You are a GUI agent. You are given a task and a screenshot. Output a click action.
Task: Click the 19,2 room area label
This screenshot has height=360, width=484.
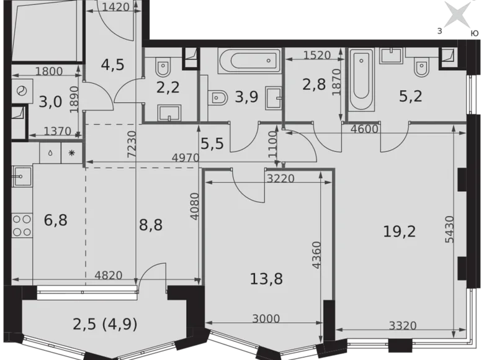point(399,232)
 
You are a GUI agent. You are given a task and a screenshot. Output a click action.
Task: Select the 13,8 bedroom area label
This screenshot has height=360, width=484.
point(266,278)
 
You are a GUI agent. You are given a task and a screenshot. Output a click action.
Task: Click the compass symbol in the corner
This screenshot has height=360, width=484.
point(457,14)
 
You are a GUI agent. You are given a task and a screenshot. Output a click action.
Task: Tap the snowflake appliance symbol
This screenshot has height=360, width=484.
point(71,153)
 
